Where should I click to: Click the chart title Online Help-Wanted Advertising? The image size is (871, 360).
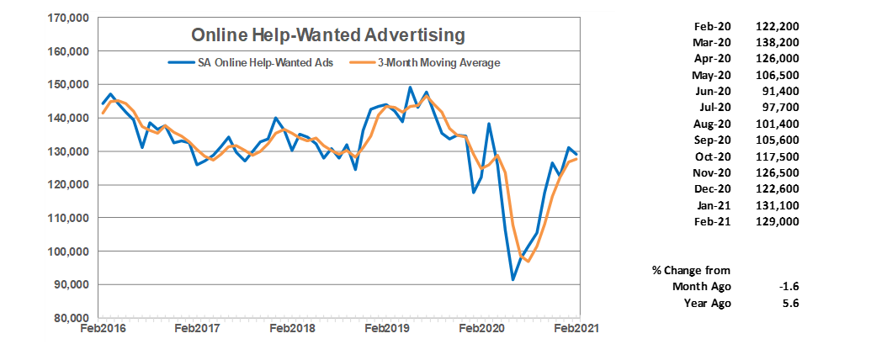tap(328, 35)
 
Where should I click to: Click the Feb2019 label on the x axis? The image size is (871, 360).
tap(387, 330)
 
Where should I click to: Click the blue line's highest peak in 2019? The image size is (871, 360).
tap(410, 87)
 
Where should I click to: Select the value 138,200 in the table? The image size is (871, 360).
tap(778, 43)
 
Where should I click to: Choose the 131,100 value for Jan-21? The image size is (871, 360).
tap(778, 204)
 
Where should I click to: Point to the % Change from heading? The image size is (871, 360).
tap(691, 270)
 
